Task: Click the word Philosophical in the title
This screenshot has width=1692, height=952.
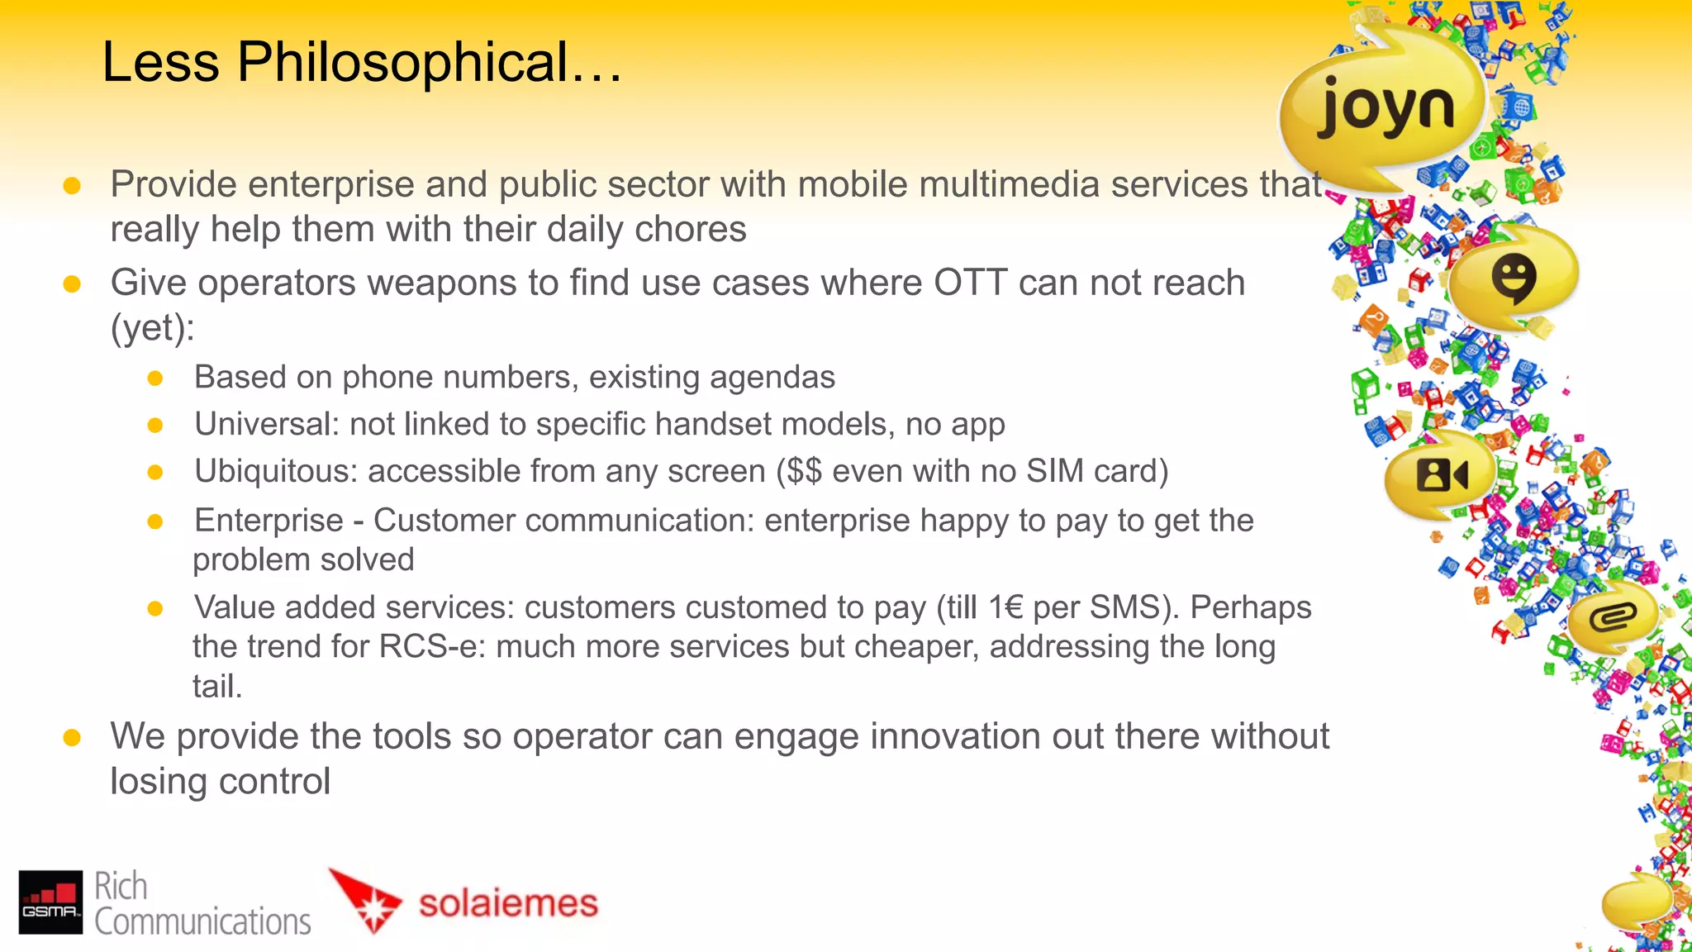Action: click(403, 63)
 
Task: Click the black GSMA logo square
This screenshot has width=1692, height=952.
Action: click(50, 902)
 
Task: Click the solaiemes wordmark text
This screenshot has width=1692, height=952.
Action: click(508, 902)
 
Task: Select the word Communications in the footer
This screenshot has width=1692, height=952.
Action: click(202, 921)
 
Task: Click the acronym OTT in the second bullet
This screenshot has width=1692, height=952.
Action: click(970, 283)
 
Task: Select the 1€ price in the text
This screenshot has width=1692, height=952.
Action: click(1005, 607)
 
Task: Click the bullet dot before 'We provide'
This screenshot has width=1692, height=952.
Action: click(72, 737)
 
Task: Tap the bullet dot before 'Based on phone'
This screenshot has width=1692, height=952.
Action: click(154, 378)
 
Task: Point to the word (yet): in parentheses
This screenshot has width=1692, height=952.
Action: click(153, 328)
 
